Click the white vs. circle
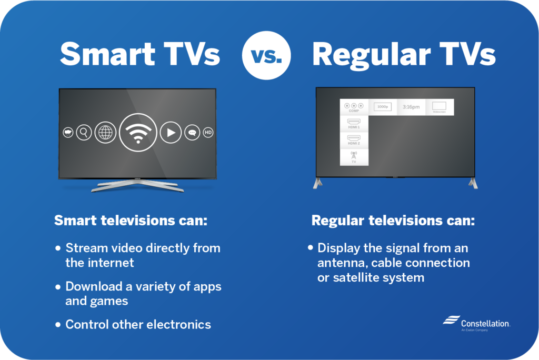point(265,55)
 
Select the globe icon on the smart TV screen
point(105,133)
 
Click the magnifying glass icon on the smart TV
point(84,133)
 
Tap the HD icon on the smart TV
point(208,133)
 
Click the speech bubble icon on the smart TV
point(192,133)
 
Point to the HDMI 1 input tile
point(354,124)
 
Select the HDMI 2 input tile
point(354,140)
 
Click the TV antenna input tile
point(354,157)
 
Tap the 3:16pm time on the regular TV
point(411,107)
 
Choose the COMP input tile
point(354,107)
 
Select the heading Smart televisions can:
point(131,220)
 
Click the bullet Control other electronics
point(138,324)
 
